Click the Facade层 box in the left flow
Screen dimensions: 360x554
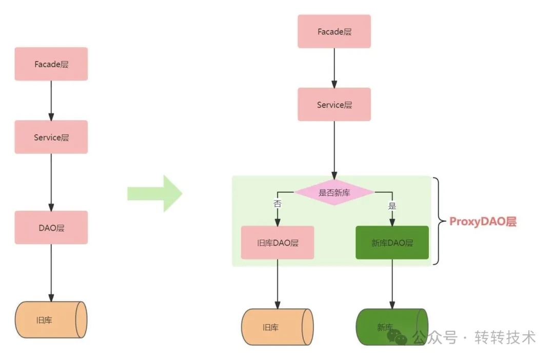(51, 64)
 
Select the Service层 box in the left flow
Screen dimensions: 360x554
(51, 137)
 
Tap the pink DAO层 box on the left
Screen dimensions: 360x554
(51, 227)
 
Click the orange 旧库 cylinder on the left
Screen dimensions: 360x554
(51, 320)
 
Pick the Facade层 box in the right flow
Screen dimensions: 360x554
(334, 32)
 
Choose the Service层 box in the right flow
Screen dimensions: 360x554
(334, 105)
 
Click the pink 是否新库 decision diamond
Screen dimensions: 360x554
(334, 192)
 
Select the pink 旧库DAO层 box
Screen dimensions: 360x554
(278, 243)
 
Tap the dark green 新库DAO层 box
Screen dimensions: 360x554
(392, 243)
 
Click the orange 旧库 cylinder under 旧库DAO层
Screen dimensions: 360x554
(277, 327)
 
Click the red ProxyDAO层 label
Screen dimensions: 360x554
(483, 222)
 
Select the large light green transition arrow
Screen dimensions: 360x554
(154, 193)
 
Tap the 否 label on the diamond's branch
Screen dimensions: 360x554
(278, 204)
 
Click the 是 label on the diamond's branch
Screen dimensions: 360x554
(392, 206)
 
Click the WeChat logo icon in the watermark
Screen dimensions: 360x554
(397, 337)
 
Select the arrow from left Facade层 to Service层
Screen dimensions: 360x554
(51, 101)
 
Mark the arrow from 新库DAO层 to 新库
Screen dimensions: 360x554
(392, 284)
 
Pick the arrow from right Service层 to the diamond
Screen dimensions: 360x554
(334, 149)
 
